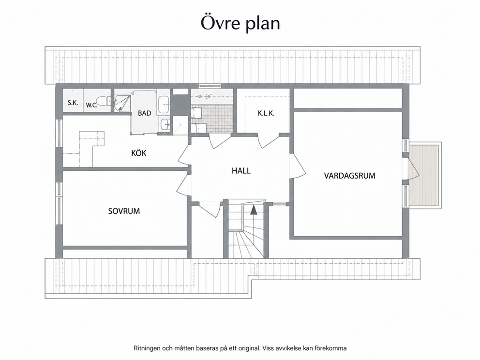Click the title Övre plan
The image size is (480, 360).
(x=240, y=23)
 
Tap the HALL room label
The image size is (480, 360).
(x=241, y=170)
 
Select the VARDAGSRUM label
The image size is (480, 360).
(x=349, y=176)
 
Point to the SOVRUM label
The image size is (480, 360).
(x=124, y=211)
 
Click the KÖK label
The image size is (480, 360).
(x=139, y=152)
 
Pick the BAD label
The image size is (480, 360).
(x=145, y=113)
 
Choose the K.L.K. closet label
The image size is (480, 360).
(x=266, y=113)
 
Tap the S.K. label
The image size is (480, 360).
(x=73, y=103)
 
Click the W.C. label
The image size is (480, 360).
(x=91, y=105)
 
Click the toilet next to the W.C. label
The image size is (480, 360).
(x=103, y=101)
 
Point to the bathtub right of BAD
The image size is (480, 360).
(x=164, y=105)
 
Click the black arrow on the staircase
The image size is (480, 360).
(x=253, y=210)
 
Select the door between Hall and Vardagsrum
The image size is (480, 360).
(x=298, y=166)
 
